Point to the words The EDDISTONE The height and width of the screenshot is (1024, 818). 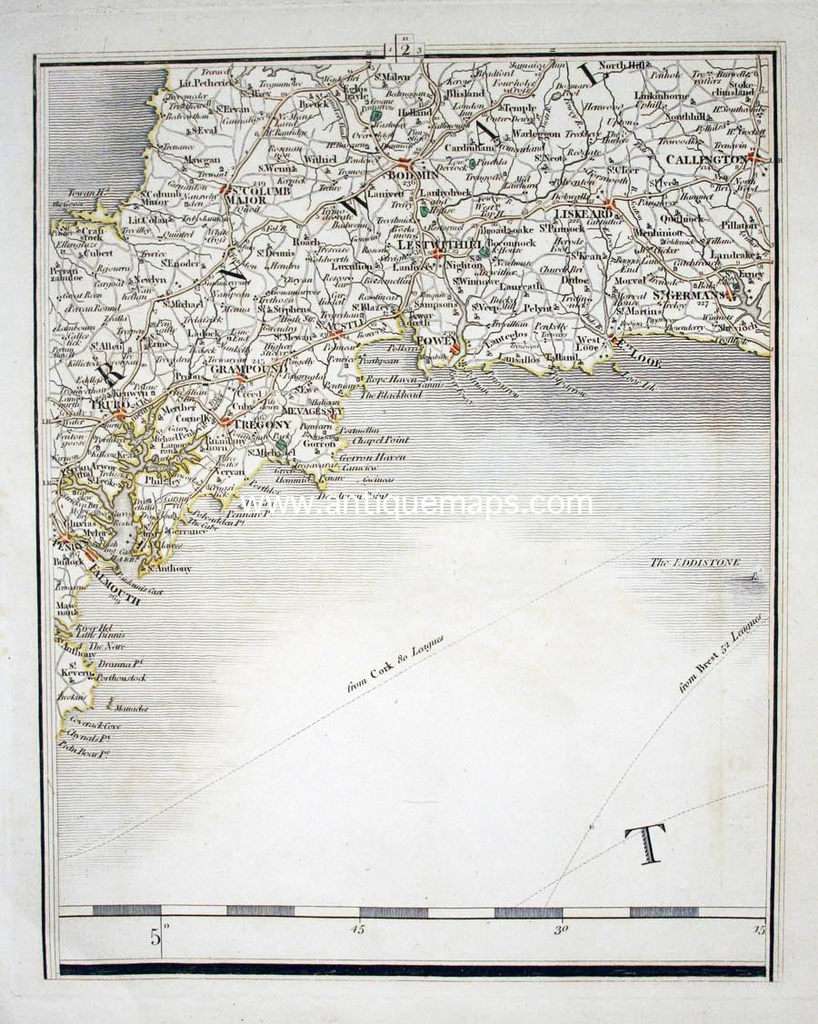[694, 563]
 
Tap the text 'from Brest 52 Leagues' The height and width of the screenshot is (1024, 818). [722, 654]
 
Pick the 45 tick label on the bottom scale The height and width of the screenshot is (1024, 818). [357, 929]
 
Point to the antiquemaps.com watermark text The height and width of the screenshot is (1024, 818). [415, 504]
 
